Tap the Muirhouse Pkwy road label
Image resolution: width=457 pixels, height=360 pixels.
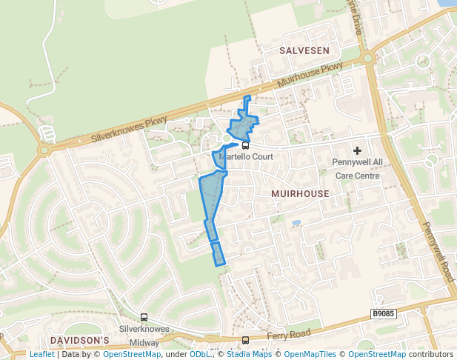click(x=310, y=76)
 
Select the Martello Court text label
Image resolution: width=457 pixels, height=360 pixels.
click(x=245, y=157)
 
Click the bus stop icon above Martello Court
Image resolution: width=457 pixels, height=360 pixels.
click(x=245, y=146)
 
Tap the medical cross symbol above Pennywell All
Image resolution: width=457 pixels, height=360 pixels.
click(x=357, y=150)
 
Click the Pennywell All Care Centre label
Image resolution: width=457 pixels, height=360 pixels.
click(x=357, y=169)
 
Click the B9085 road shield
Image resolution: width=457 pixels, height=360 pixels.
click(x=384, y=314)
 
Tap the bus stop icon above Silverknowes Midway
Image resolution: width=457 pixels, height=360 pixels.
click(x=144, y=317)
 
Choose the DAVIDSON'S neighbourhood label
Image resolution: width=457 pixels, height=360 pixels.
click(x=79, y=340)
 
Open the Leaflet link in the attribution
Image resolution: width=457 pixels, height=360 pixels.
click(x=41, y=355)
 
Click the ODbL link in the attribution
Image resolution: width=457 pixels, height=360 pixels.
click(x=199, y=355)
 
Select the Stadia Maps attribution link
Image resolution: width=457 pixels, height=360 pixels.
click(x=249, y=355)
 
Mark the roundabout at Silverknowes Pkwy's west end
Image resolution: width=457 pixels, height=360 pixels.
click(x=44, y=150)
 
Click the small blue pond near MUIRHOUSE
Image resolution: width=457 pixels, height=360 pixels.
click(x=296, y=222)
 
